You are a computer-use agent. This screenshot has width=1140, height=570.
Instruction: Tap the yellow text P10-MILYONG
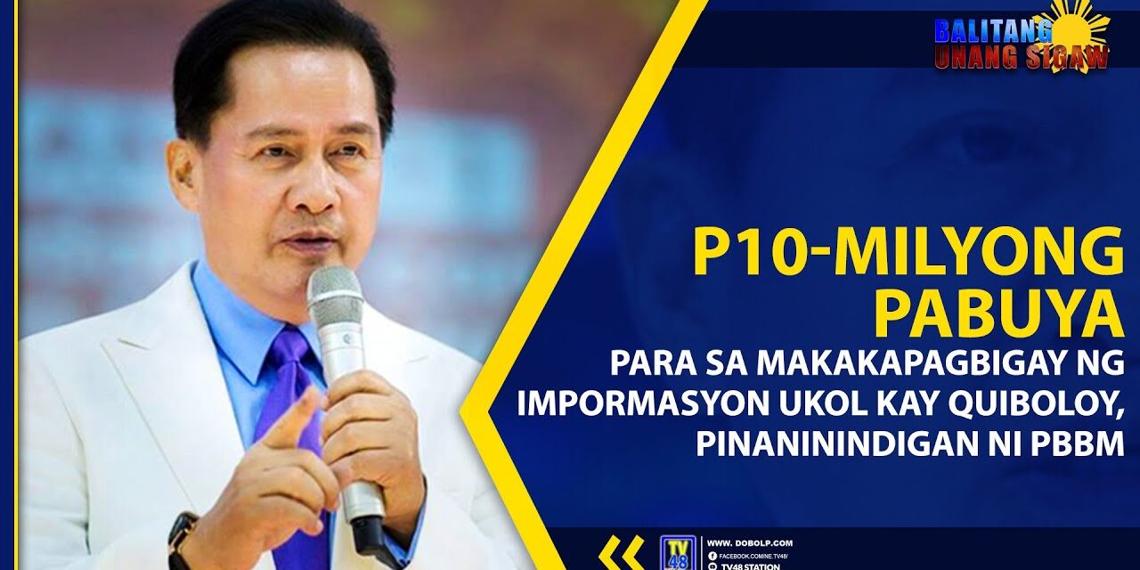click(x=908, y=253)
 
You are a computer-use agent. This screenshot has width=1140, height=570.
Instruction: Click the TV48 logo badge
click(x=676, y=553)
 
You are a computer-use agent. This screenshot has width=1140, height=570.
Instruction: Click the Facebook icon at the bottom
click(x=712, y=555)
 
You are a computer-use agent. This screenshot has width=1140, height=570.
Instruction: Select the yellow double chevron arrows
click(x=621, y=552)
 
